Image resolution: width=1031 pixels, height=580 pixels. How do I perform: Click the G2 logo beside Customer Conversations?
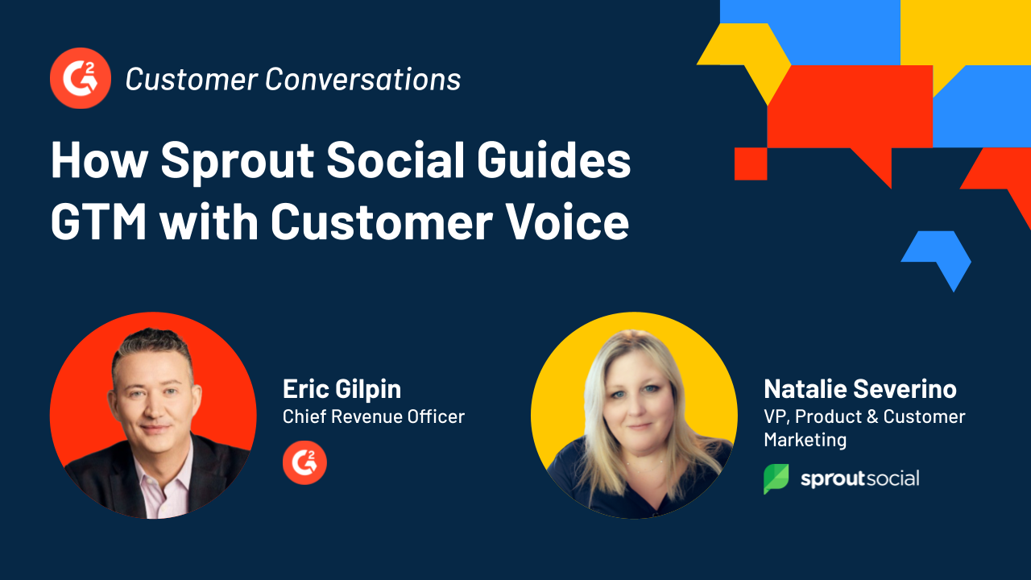80,78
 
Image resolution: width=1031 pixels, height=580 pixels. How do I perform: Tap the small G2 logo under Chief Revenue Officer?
304,462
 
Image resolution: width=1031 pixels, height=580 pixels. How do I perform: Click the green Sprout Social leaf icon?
776,478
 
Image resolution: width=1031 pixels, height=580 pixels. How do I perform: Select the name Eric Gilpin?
342,389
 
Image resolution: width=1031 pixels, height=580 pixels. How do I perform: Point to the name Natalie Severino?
859,389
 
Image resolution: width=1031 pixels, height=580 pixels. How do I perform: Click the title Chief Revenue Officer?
374,416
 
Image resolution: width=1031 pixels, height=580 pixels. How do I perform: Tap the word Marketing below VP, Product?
805,440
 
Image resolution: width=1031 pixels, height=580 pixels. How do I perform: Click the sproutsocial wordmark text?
859,478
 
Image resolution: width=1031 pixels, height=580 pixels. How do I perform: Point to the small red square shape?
750,164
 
